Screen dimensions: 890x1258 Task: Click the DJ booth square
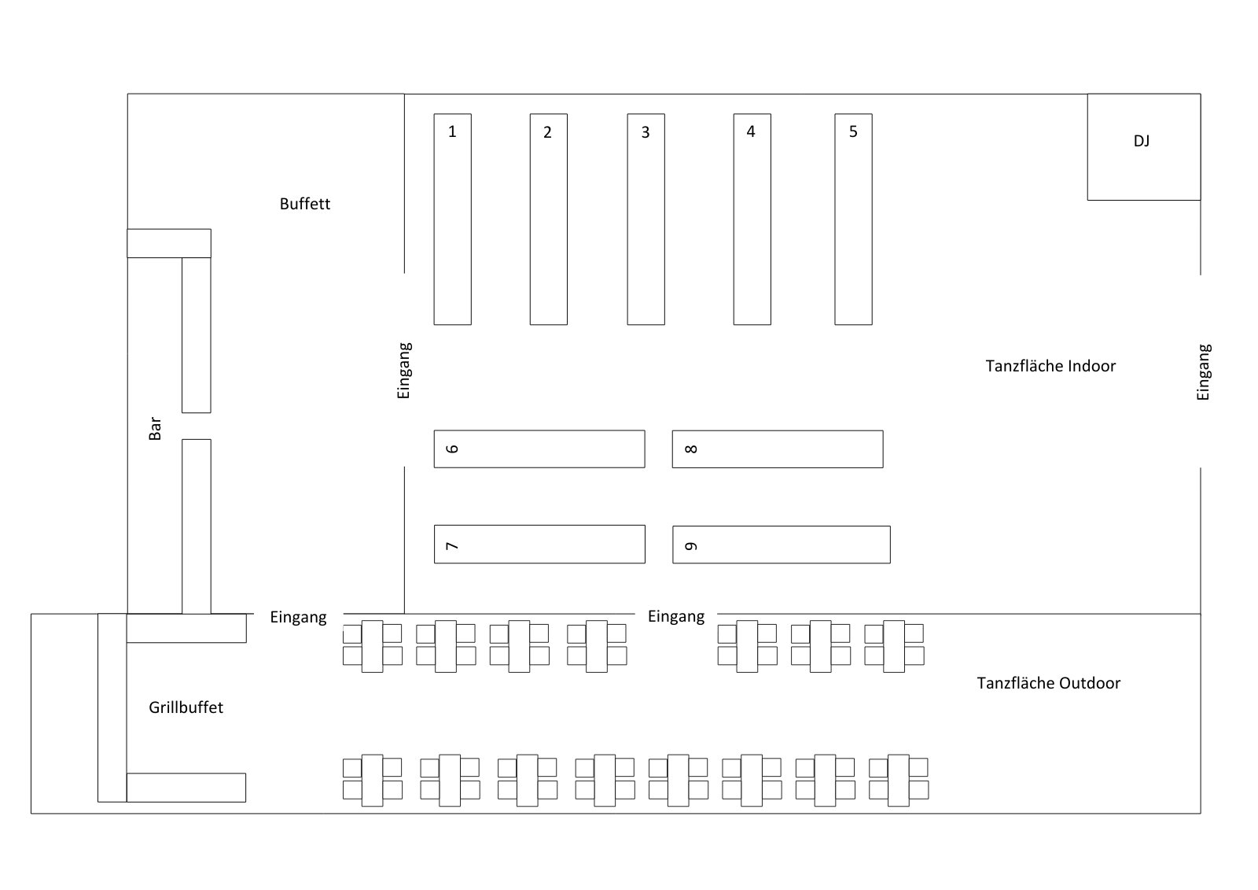(1143, 147)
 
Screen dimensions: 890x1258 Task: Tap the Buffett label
(305, 204)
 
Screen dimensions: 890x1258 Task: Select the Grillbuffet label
(186, 707)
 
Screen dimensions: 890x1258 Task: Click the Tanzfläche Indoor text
(1050, 366)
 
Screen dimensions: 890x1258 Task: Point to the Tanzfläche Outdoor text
(1048, 683)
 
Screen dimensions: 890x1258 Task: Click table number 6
(539, 449)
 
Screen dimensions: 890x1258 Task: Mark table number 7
(539, 545)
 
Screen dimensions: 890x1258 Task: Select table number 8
(777, 449)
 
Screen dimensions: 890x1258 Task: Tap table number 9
(781, 545)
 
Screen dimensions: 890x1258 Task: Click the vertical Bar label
(155, 428)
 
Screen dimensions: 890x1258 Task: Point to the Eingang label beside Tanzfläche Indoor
(1203, 372)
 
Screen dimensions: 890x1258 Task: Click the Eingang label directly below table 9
(676, 616)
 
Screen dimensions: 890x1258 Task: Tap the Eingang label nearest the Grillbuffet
(298, 617)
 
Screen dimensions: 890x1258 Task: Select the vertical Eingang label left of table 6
(404, 370)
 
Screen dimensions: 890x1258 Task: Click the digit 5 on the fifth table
(853, 131)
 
